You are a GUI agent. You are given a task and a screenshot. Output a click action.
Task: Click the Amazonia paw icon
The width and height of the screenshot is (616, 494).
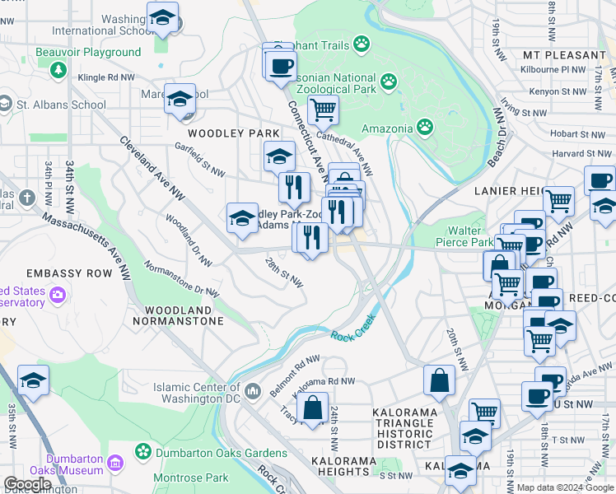(424, 127)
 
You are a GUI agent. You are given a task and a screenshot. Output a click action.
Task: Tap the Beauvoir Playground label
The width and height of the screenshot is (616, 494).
(88, 52)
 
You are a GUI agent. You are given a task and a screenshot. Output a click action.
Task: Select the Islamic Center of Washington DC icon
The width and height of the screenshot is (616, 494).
(253, 389)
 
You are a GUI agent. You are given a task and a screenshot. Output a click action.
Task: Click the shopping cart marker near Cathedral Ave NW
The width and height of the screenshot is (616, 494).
(323, 109)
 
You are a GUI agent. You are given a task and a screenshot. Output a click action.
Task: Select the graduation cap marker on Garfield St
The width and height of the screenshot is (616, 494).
(279, 156)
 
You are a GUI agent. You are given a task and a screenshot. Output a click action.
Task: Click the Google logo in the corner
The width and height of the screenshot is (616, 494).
(27, 484)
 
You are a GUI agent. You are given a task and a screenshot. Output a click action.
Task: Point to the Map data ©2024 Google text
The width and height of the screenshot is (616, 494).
(565, 487)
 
